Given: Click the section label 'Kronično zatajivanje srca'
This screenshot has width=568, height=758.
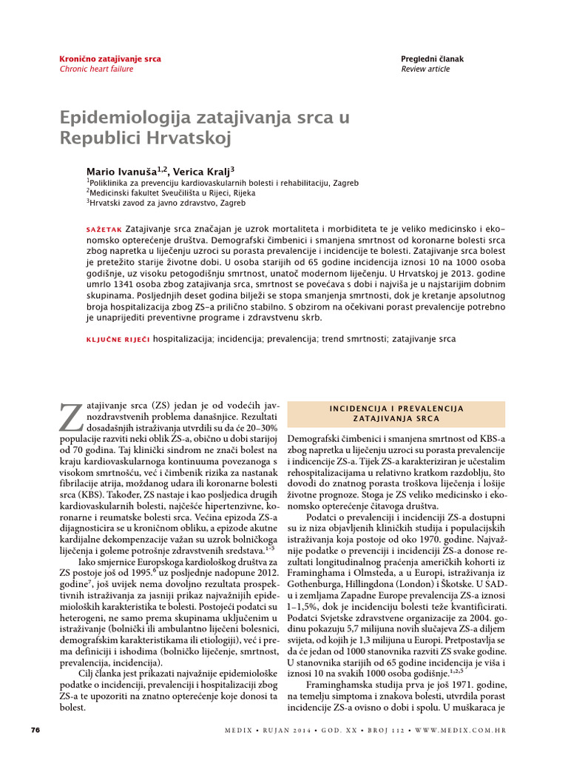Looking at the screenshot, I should pos(109,58).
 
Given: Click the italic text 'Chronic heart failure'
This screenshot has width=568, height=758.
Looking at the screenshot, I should pos(96,69).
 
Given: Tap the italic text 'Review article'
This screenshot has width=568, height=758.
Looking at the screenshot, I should pos(425,69).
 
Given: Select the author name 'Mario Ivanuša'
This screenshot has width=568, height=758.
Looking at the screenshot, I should pos(120,171).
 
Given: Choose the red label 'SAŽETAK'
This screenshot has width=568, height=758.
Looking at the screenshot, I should pos(104,229).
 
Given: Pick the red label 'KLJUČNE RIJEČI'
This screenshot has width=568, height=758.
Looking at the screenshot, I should pos(118,339).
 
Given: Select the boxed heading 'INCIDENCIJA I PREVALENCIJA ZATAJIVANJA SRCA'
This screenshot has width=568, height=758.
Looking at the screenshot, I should pos(396,413).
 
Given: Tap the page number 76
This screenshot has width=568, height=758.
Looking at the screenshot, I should pos(34,730).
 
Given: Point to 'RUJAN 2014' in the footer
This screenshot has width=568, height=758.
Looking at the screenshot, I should pos(285,731).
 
